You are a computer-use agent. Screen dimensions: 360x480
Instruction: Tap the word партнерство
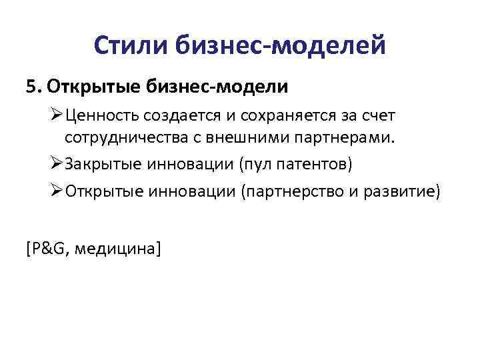click(297, 192)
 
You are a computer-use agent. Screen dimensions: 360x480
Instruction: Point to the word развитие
click(404, 192)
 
